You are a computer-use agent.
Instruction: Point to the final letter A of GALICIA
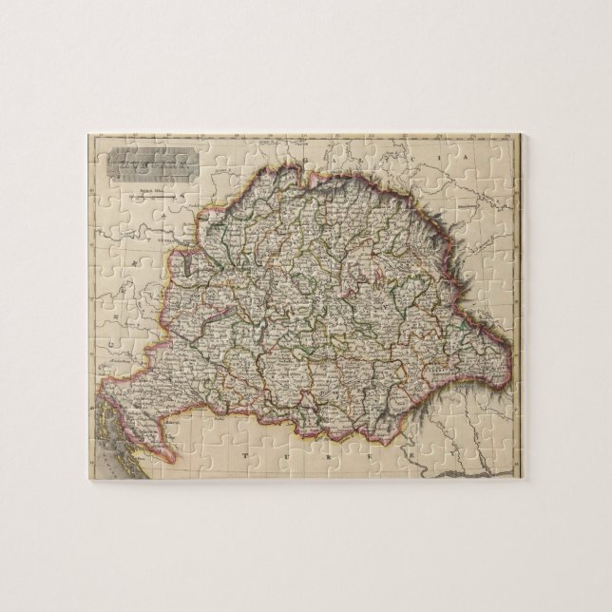[x=468, y=154]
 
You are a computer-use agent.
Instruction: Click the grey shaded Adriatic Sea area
[x=106, y=447]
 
